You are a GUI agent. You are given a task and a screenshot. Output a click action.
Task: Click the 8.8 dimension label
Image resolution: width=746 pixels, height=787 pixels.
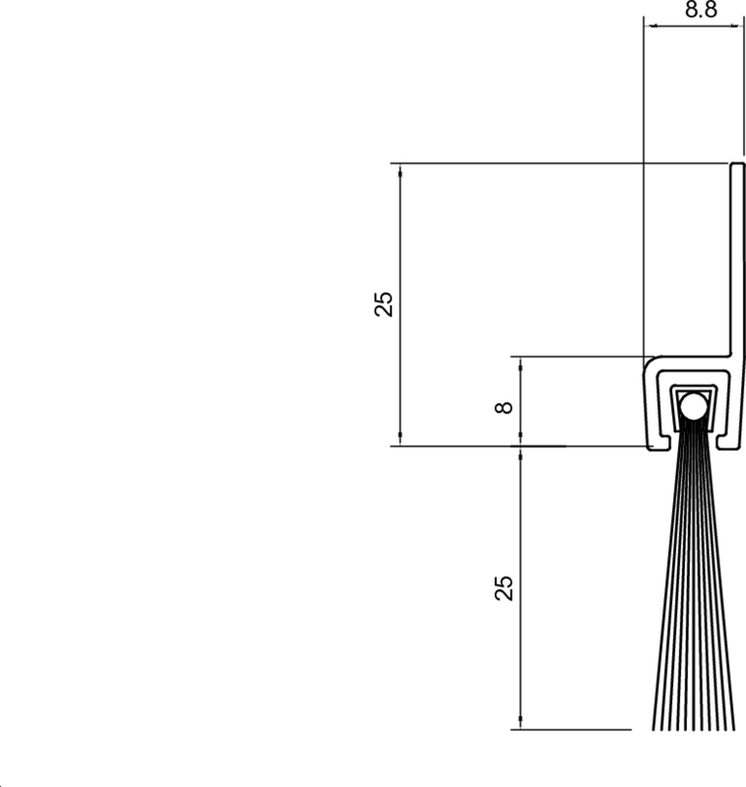tap(701, 9)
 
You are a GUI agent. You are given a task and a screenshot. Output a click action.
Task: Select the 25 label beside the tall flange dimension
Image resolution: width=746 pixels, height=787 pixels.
tap(384, 304)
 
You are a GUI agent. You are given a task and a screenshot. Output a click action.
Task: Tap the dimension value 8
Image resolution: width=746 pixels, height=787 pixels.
tap(504, 407)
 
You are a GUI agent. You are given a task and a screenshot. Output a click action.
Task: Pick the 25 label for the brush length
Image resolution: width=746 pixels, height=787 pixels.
tap(504, 587)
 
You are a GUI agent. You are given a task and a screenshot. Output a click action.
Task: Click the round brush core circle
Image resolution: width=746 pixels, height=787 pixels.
tap(693, 406)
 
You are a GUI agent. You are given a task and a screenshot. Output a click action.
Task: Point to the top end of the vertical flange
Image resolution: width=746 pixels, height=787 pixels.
tap(737, 163)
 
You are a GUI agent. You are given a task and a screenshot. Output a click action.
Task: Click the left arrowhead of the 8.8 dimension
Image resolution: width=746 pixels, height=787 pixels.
tap(653, 26)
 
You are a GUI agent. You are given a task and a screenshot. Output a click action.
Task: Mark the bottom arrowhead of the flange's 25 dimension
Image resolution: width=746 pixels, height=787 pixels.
tap(401, 437)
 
